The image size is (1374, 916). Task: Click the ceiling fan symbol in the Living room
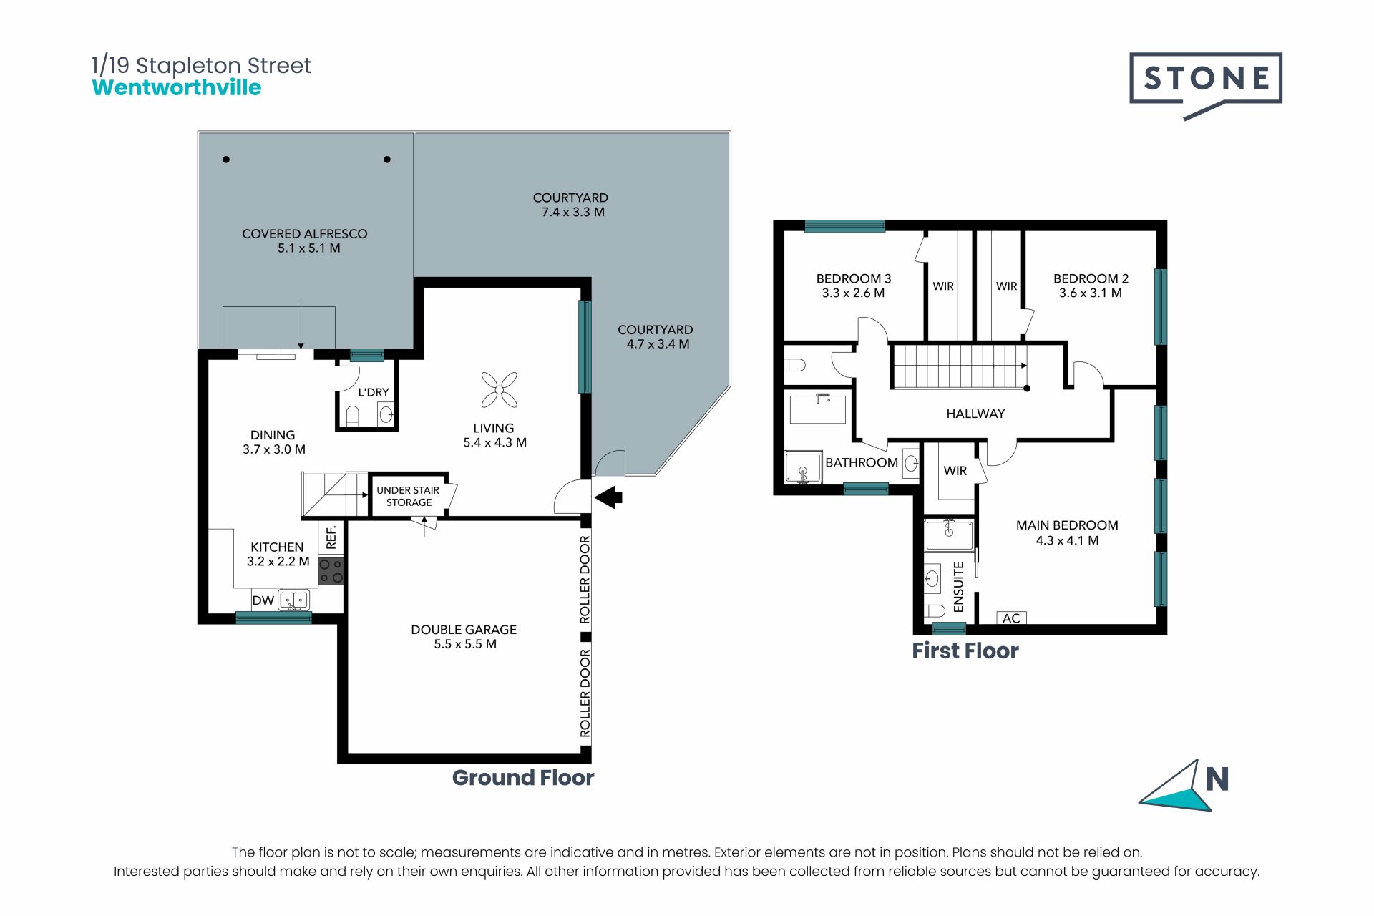coord(500,390)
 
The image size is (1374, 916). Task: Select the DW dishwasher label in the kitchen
coord(263,600)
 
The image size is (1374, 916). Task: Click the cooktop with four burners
coord(331,571)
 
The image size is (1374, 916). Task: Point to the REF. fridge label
coord(331,537)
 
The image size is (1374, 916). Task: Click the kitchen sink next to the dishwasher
coord(293,600)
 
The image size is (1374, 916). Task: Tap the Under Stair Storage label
coord(408,496)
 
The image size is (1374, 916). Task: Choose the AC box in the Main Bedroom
coord(1011,618)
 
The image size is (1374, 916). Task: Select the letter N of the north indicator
coord(1217,779)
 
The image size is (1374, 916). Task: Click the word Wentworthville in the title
coord(177,87)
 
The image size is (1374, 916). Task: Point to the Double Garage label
coord(464,636)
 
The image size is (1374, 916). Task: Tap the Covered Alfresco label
coord(305,240)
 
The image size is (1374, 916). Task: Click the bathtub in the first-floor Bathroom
coord(818,409)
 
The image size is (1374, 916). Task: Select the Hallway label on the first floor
coord(975,414)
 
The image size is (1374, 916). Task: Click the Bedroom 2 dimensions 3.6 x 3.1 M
coord(1091,293)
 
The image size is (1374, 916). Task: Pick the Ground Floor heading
coord(523,778)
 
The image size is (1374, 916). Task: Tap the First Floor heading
coord(965,651)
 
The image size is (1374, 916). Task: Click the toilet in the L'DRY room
coord(352,415)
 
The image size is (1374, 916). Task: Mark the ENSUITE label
coord(959,587)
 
